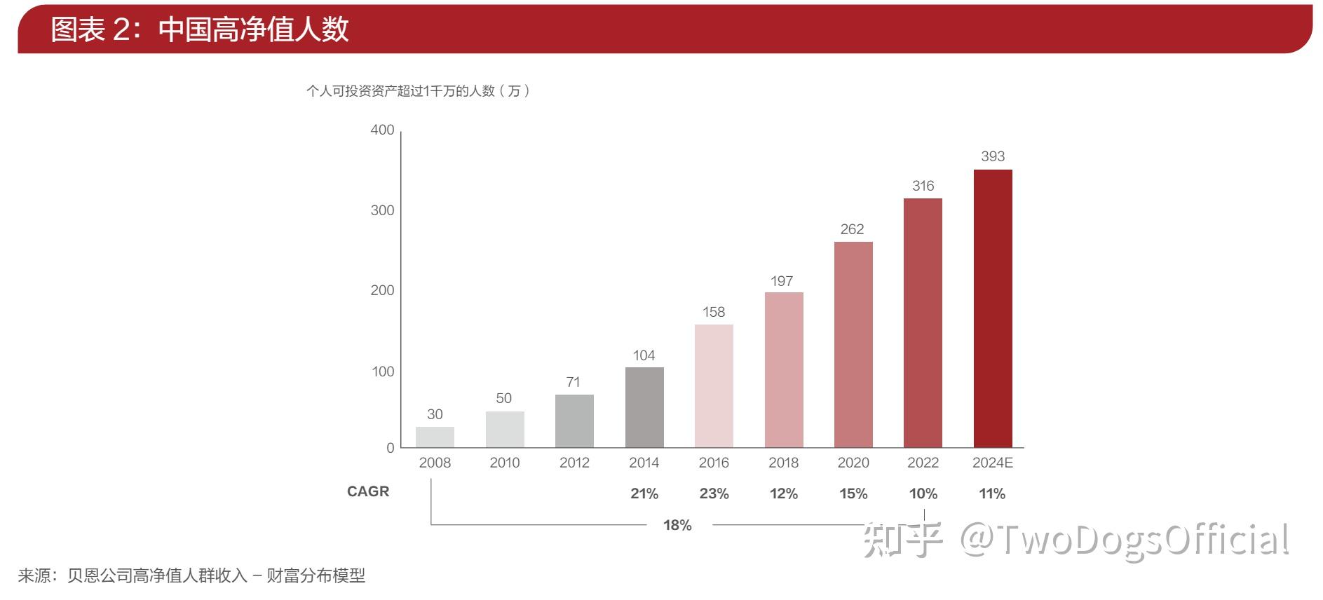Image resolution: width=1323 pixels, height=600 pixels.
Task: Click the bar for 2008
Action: pos(435,437)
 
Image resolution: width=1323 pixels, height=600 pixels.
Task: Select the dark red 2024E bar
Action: pos(993,308)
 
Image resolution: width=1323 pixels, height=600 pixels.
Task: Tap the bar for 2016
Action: pos(714,386)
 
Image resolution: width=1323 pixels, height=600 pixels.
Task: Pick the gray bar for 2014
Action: pos(644,407)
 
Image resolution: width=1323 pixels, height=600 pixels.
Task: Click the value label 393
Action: pos(993,156)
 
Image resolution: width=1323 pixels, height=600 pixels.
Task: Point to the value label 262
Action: pos(853,229)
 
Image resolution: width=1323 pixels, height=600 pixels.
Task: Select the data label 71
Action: pos(574,382)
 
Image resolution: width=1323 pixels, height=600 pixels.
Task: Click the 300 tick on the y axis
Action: pos(382,210)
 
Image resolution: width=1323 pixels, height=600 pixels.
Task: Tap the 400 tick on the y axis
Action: pos(382,130)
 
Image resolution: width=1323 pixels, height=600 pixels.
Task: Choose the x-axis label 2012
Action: pos(574,463)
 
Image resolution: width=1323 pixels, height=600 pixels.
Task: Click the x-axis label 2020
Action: pos(853,463)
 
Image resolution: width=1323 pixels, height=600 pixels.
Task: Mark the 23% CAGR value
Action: pos(714,493)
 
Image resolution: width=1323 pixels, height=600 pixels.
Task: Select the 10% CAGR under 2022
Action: pos(923,493)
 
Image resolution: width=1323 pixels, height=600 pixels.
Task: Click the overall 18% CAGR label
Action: pos(677,525)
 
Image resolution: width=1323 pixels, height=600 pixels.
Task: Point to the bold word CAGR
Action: pos(368,491)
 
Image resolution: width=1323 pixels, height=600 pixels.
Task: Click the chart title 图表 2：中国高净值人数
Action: pos(200,29)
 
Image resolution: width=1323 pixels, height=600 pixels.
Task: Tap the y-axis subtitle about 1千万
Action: pos(418,91)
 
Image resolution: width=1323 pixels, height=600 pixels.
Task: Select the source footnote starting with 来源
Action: pos(191,576)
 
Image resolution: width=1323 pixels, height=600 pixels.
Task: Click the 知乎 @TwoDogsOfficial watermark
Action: pos(1076,540)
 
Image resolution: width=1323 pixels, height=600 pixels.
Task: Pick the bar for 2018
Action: pos(784,369)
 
